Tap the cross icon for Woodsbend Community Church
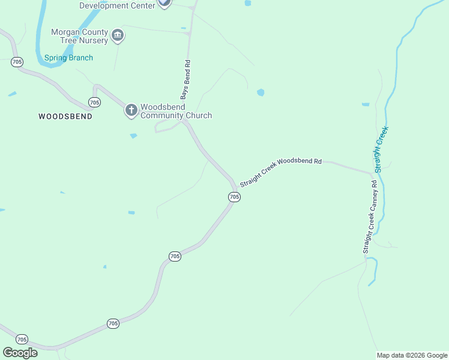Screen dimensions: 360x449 [x=131, y=110]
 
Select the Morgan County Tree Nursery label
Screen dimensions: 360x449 [x=79, y=36]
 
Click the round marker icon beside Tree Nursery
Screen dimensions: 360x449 [x=118, y=36]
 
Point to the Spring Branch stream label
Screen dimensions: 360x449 [x=68, y=58]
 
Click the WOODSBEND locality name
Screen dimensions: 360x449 [x=65, y=116]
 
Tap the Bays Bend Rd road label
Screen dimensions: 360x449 [x=186, y=79]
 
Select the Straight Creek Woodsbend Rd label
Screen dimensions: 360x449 [x=281, y=173]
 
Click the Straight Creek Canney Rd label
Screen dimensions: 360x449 [x=369, y=217]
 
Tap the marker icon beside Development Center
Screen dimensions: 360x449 [x=164, y=3]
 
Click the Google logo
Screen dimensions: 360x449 [x=20, y=352]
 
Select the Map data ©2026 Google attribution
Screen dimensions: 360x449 [x=412, y=355]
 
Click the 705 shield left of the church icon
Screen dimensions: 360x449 [x=94, y=101]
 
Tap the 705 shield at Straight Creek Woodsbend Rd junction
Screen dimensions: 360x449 [x=234, y=197]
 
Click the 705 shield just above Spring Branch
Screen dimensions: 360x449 [x=17, y=62]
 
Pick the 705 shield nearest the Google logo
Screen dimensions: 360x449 [x=22, y=339]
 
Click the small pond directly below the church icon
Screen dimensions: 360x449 [x=133, y=136]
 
